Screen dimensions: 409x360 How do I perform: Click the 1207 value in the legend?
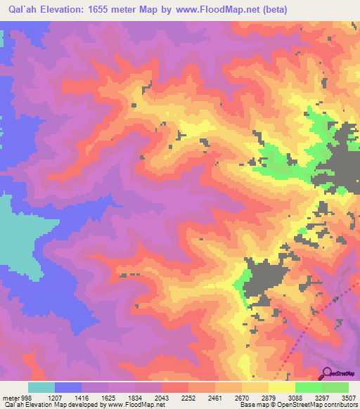click(x=55, y=397)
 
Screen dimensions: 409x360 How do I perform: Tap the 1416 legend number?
click(x=82, y=397)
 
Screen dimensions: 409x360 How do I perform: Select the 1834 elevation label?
click(x=135, y=397)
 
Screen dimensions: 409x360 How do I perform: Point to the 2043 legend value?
click(x=162, y=397)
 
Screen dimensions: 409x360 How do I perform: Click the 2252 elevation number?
click(x=188, y=397)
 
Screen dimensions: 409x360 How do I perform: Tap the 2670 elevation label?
click(x=242, y=397)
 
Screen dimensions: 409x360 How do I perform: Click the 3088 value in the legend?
click(x=295, y=397)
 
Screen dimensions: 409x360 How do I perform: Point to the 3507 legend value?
click(x=348, y=397)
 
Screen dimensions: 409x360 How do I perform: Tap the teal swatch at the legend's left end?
click(x=41, y=387)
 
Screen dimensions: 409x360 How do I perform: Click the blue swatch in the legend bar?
click(x=68, y=387)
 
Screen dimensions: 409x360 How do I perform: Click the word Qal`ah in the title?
click(x=24, y=9)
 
